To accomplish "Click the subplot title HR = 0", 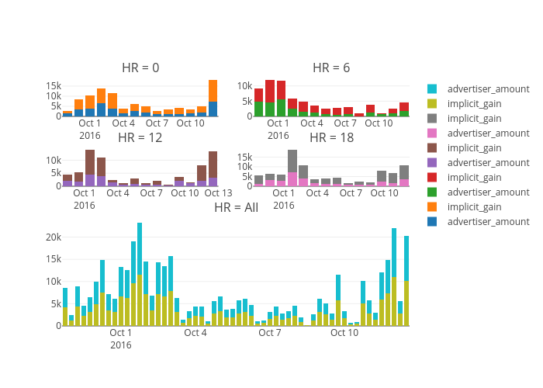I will click(x=140, y=68).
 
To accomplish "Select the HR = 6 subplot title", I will click(x=331, y=68).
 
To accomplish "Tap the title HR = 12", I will click(x=140, y=137).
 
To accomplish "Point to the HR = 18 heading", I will click(x=331, y=137).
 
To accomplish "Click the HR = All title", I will click(x=236, y=207).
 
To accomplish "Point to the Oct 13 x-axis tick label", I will click(x=218, y=192).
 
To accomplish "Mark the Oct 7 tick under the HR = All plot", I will click(x=270, y=333).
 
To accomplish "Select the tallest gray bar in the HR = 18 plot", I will click(x=292, y=161).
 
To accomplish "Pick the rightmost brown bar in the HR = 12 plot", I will click(x=213, y=165).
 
